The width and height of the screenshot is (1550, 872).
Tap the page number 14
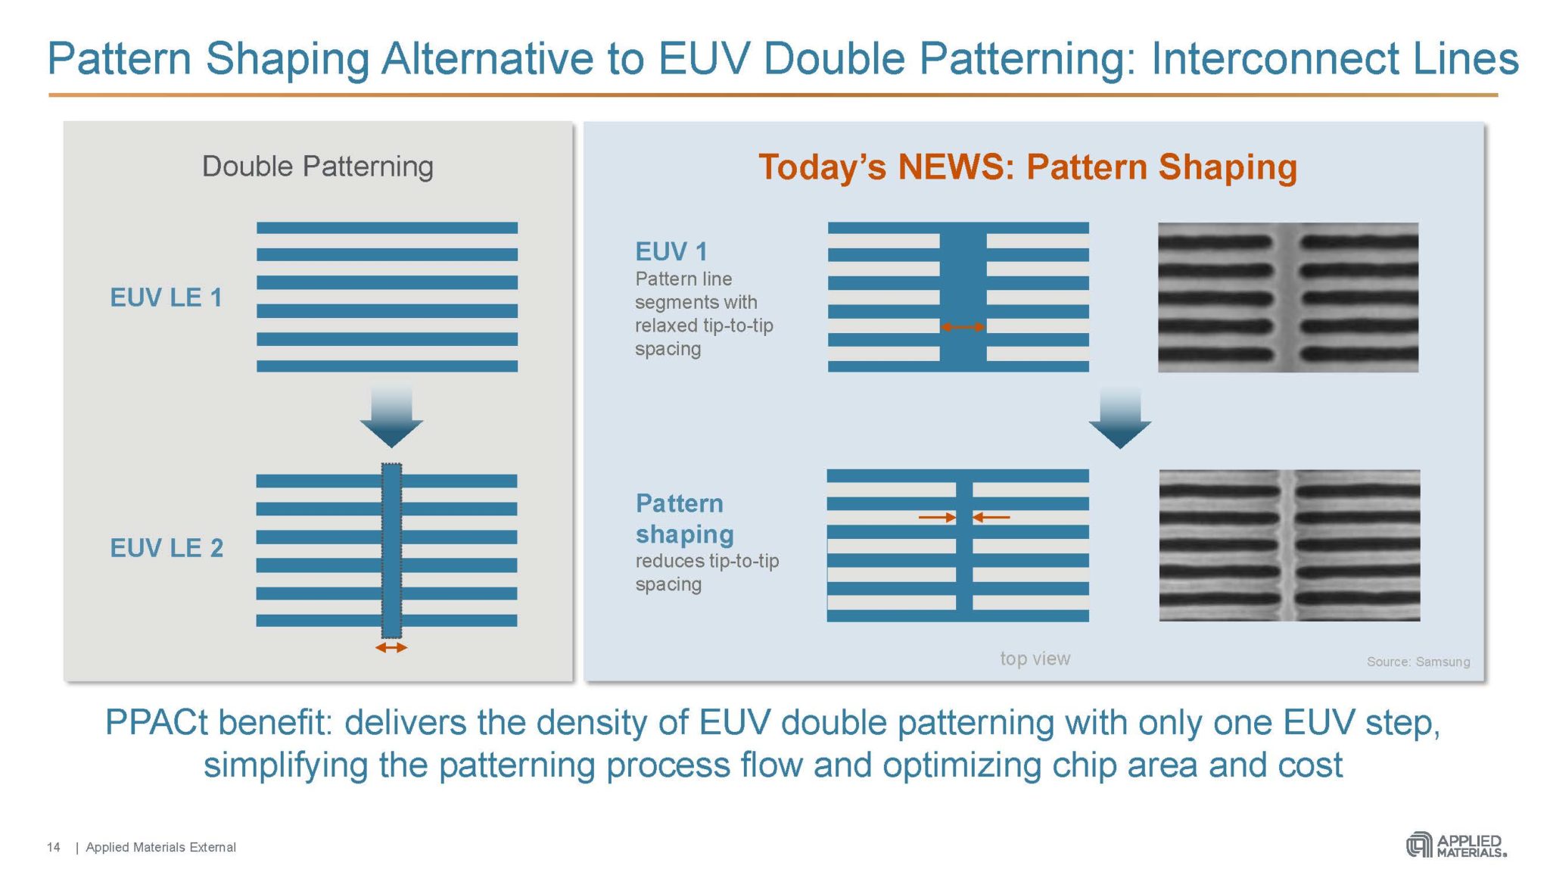pos(54,847)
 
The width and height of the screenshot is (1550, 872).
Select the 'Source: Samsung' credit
pos(1418,662)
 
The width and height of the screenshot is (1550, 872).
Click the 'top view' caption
pos(1035,659)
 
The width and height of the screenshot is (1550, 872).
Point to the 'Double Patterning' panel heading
pos(318,167)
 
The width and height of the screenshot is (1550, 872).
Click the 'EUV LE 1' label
pos(167,297)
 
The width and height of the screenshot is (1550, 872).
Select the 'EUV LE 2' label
pos(167,548)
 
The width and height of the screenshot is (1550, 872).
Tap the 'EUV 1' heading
pos(671,251)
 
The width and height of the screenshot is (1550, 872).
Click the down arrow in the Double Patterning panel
pos(391,417)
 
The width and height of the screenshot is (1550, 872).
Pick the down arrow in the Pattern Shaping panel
pos(1120,419)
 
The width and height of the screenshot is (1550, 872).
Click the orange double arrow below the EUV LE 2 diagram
pos(391,648)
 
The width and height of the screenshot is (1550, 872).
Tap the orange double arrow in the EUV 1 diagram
pos(963,327)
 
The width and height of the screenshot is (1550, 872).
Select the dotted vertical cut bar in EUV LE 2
pos(391,550)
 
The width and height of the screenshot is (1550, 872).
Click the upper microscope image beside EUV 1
pos(1288,297)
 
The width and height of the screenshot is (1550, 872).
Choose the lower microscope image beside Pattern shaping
pos(1290,545)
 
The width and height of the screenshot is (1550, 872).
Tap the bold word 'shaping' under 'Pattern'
pos(685,535)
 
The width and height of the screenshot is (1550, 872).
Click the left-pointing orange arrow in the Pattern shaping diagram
pos(991,518)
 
